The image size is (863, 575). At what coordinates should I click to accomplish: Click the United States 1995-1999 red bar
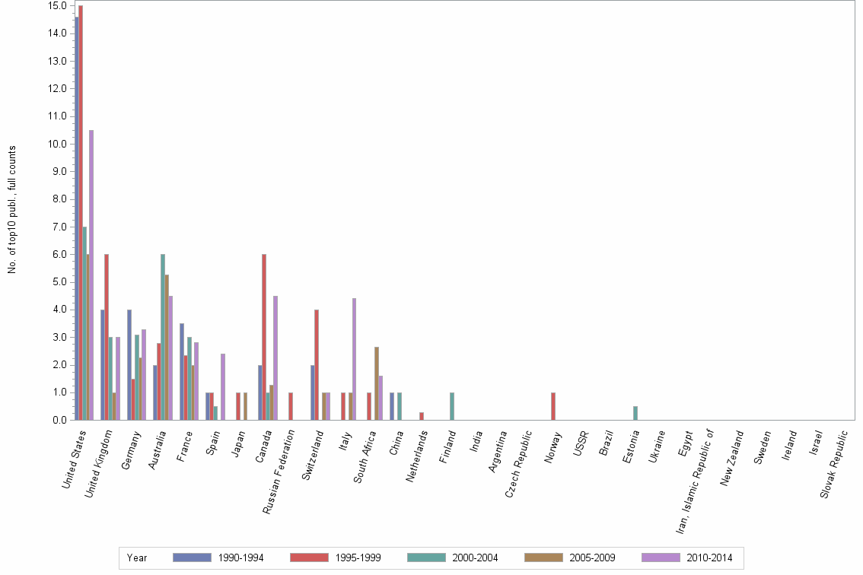click(81, 212)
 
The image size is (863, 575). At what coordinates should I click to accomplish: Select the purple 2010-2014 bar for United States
click(91, 275)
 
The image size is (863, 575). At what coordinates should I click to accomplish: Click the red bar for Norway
click(553, 406)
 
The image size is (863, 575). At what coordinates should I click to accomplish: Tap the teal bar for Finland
click(452, 406)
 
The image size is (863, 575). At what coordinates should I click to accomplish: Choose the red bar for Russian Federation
click(291, 406)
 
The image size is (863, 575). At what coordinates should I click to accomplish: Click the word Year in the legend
click(137, 558)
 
